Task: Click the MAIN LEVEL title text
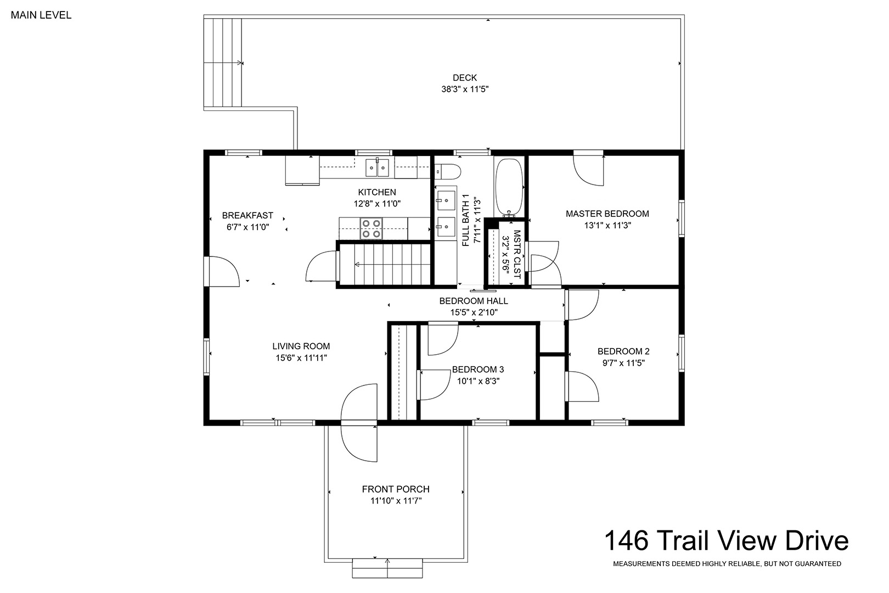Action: click(x=41, y=15)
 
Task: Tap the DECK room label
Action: click(x=465, y=78)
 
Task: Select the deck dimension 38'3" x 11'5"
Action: click(x=465, y=89)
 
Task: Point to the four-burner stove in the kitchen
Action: click(x=372, y=228)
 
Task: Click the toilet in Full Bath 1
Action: click(x=448, y=172)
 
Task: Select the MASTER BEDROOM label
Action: click(x=607, y=214)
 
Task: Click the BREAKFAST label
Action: click(x=247, y=216)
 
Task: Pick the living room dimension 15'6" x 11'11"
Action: click(x=301, y=358)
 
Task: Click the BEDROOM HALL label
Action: click(x=474, y=301)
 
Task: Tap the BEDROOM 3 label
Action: click(x=478, y=370)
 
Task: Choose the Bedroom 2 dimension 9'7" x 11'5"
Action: click(x=623, y=363)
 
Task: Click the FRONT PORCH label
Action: click(x=396, y=489)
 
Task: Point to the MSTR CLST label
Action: click(x=517, y=254)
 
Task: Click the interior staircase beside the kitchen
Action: click(x=385, y=264)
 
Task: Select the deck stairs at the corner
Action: click(x=223, y=63)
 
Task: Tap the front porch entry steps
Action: click(x=387, y=568)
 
